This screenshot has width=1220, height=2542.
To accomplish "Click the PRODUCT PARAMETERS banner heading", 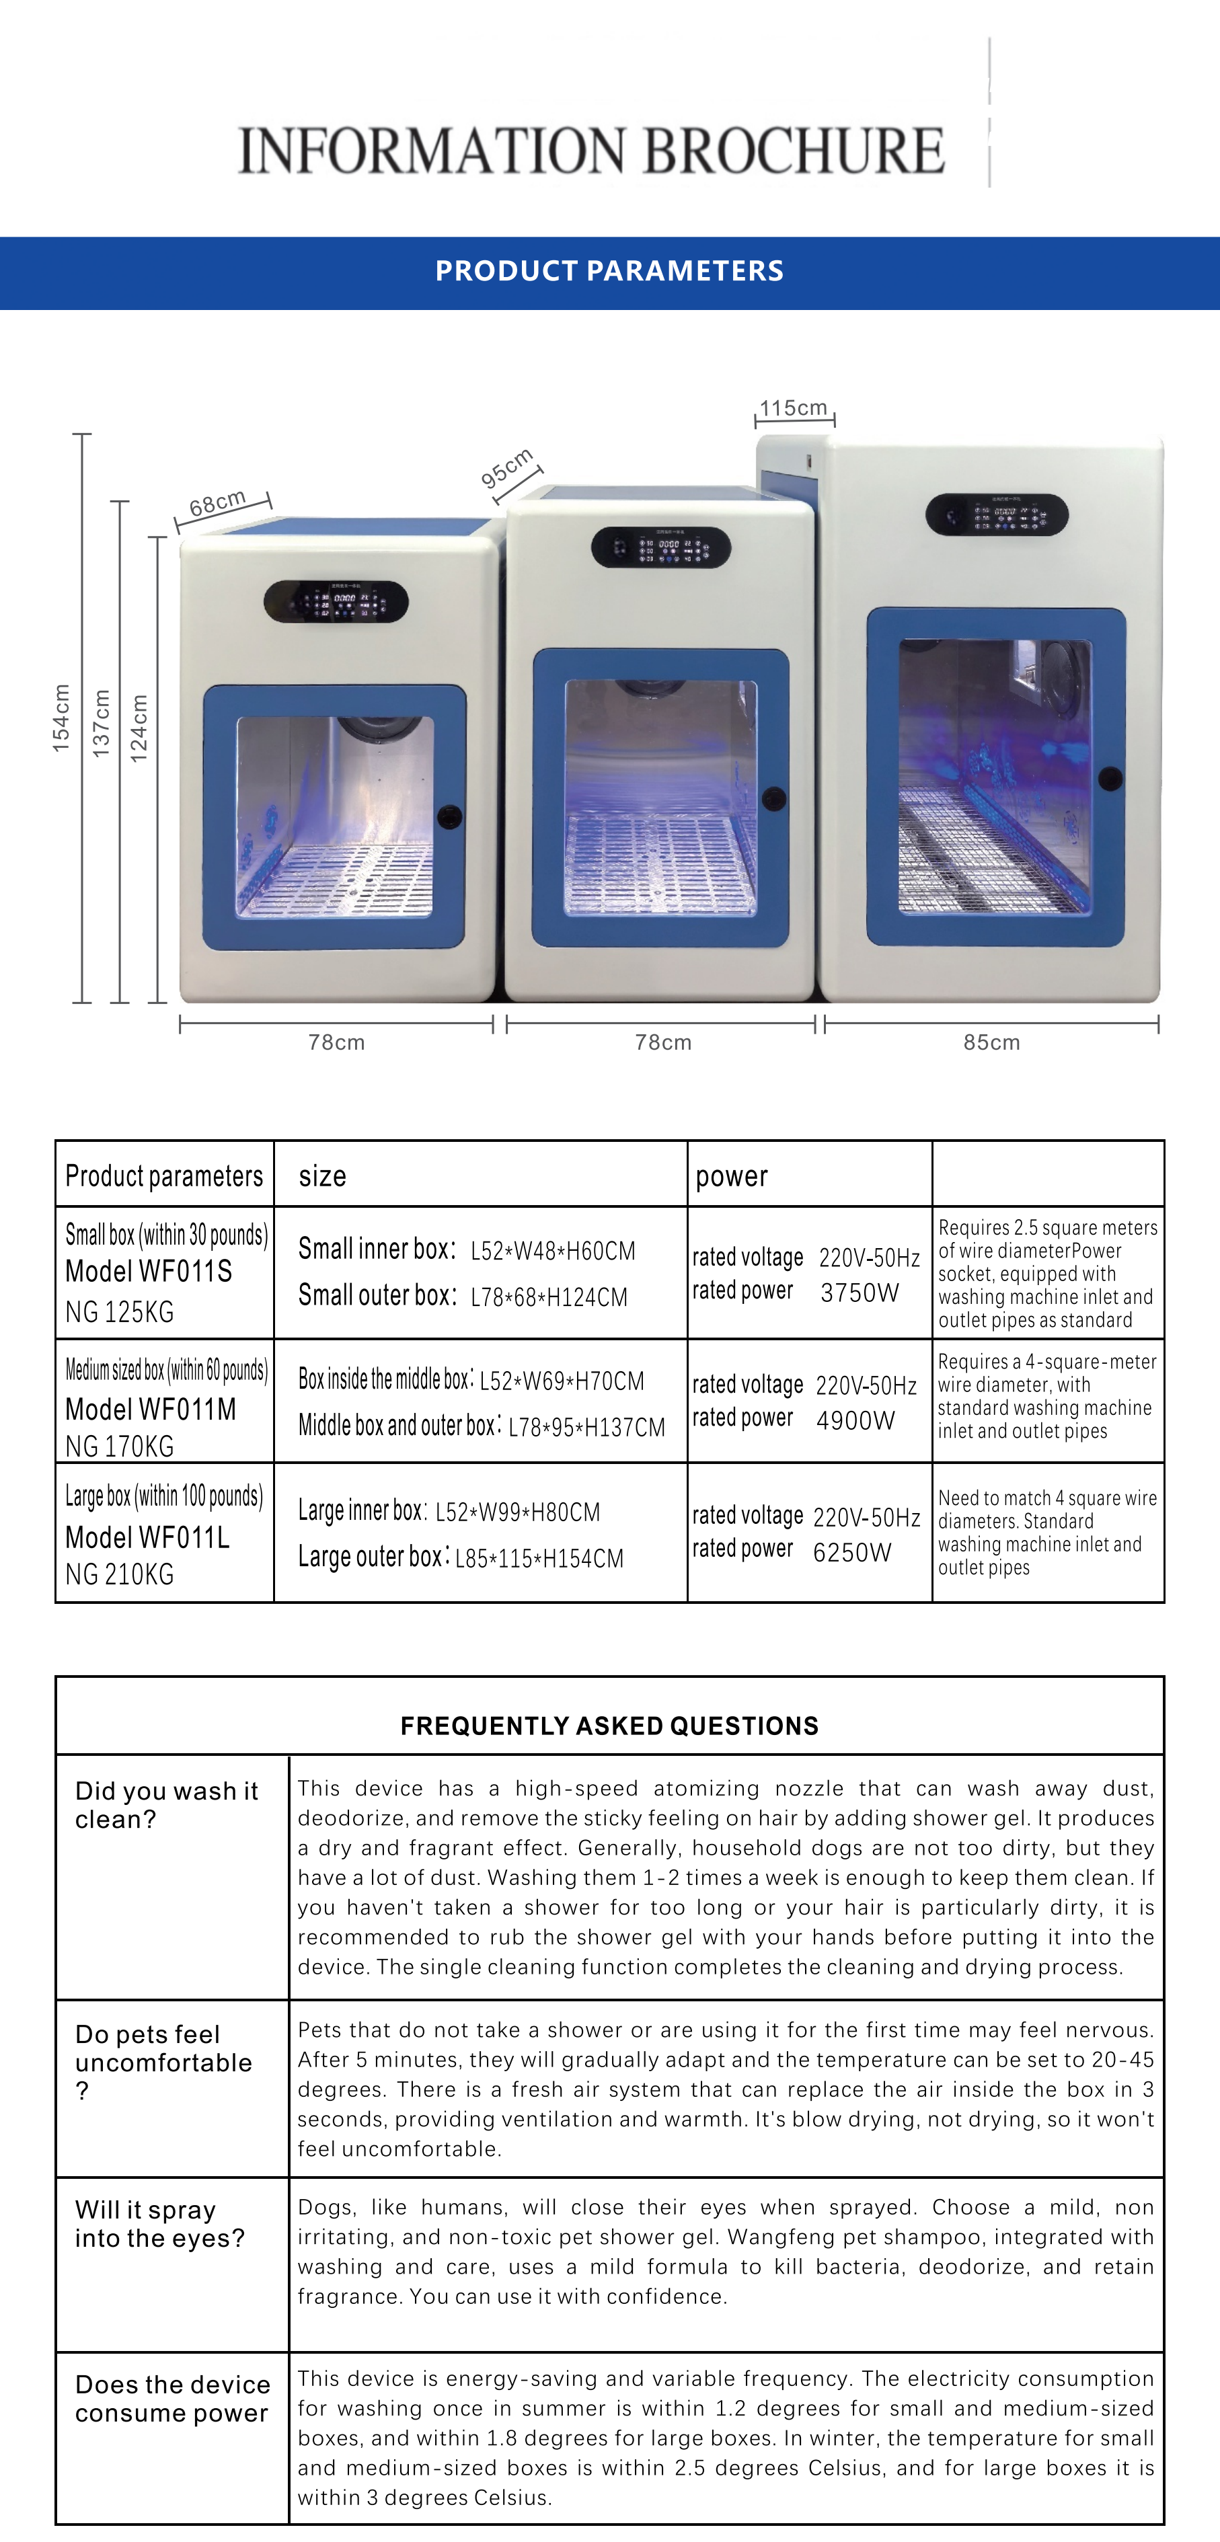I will pos(609,270).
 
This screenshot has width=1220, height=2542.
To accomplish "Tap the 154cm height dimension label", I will pos(61,718).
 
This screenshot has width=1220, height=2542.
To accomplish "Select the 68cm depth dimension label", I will pos(217,503).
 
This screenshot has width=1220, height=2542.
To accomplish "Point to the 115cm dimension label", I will pos(794,408).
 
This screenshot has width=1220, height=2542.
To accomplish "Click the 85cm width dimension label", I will pos(991,1042).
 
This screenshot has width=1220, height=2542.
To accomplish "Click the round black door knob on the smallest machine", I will pos(449,816).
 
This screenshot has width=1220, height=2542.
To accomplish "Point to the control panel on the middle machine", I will pos(660,547).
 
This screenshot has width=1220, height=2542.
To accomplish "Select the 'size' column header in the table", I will pos(323,1176).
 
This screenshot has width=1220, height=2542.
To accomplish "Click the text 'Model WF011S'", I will pos(149,1271).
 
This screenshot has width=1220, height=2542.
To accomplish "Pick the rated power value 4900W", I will pos(855,1420).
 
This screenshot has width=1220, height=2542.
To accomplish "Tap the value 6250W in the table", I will pos(852,1551).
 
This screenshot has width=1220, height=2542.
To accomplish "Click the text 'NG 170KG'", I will pos(120,1447).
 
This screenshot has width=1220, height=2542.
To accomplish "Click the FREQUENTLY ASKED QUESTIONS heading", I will pos(609,1726).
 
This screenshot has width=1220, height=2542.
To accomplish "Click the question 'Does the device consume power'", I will pos(171,2398).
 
